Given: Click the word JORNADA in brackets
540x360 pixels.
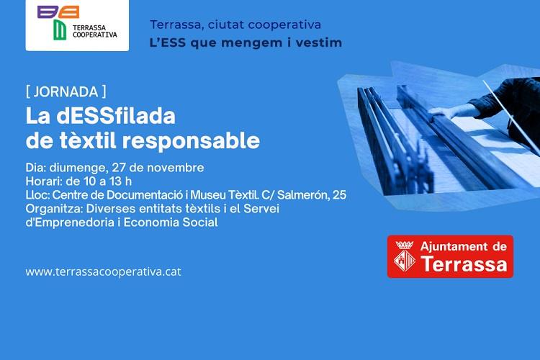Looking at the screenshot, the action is (66, 92).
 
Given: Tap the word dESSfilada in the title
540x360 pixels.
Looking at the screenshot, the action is (116, 116).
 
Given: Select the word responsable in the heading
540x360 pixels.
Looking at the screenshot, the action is (191, 141).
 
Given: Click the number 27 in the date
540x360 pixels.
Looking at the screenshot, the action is (118, 168).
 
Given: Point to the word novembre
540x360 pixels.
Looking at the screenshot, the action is (176, 168).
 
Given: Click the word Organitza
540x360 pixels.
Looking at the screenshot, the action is (54, 209).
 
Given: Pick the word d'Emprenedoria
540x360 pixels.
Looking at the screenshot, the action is (70, 222).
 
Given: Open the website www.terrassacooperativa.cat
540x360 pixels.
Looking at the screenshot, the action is (103, 272).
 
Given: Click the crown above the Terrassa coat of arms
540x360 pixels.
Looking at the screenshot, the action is (405, 245).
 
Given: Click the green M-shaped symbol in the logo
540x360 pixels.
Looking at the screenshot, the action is (60, 30).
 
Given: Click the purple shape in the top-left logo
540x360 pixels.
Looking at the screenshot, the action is (48, 12).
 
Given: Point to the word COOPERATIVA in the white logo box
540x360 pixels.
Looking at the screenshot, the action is (95, 35).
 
